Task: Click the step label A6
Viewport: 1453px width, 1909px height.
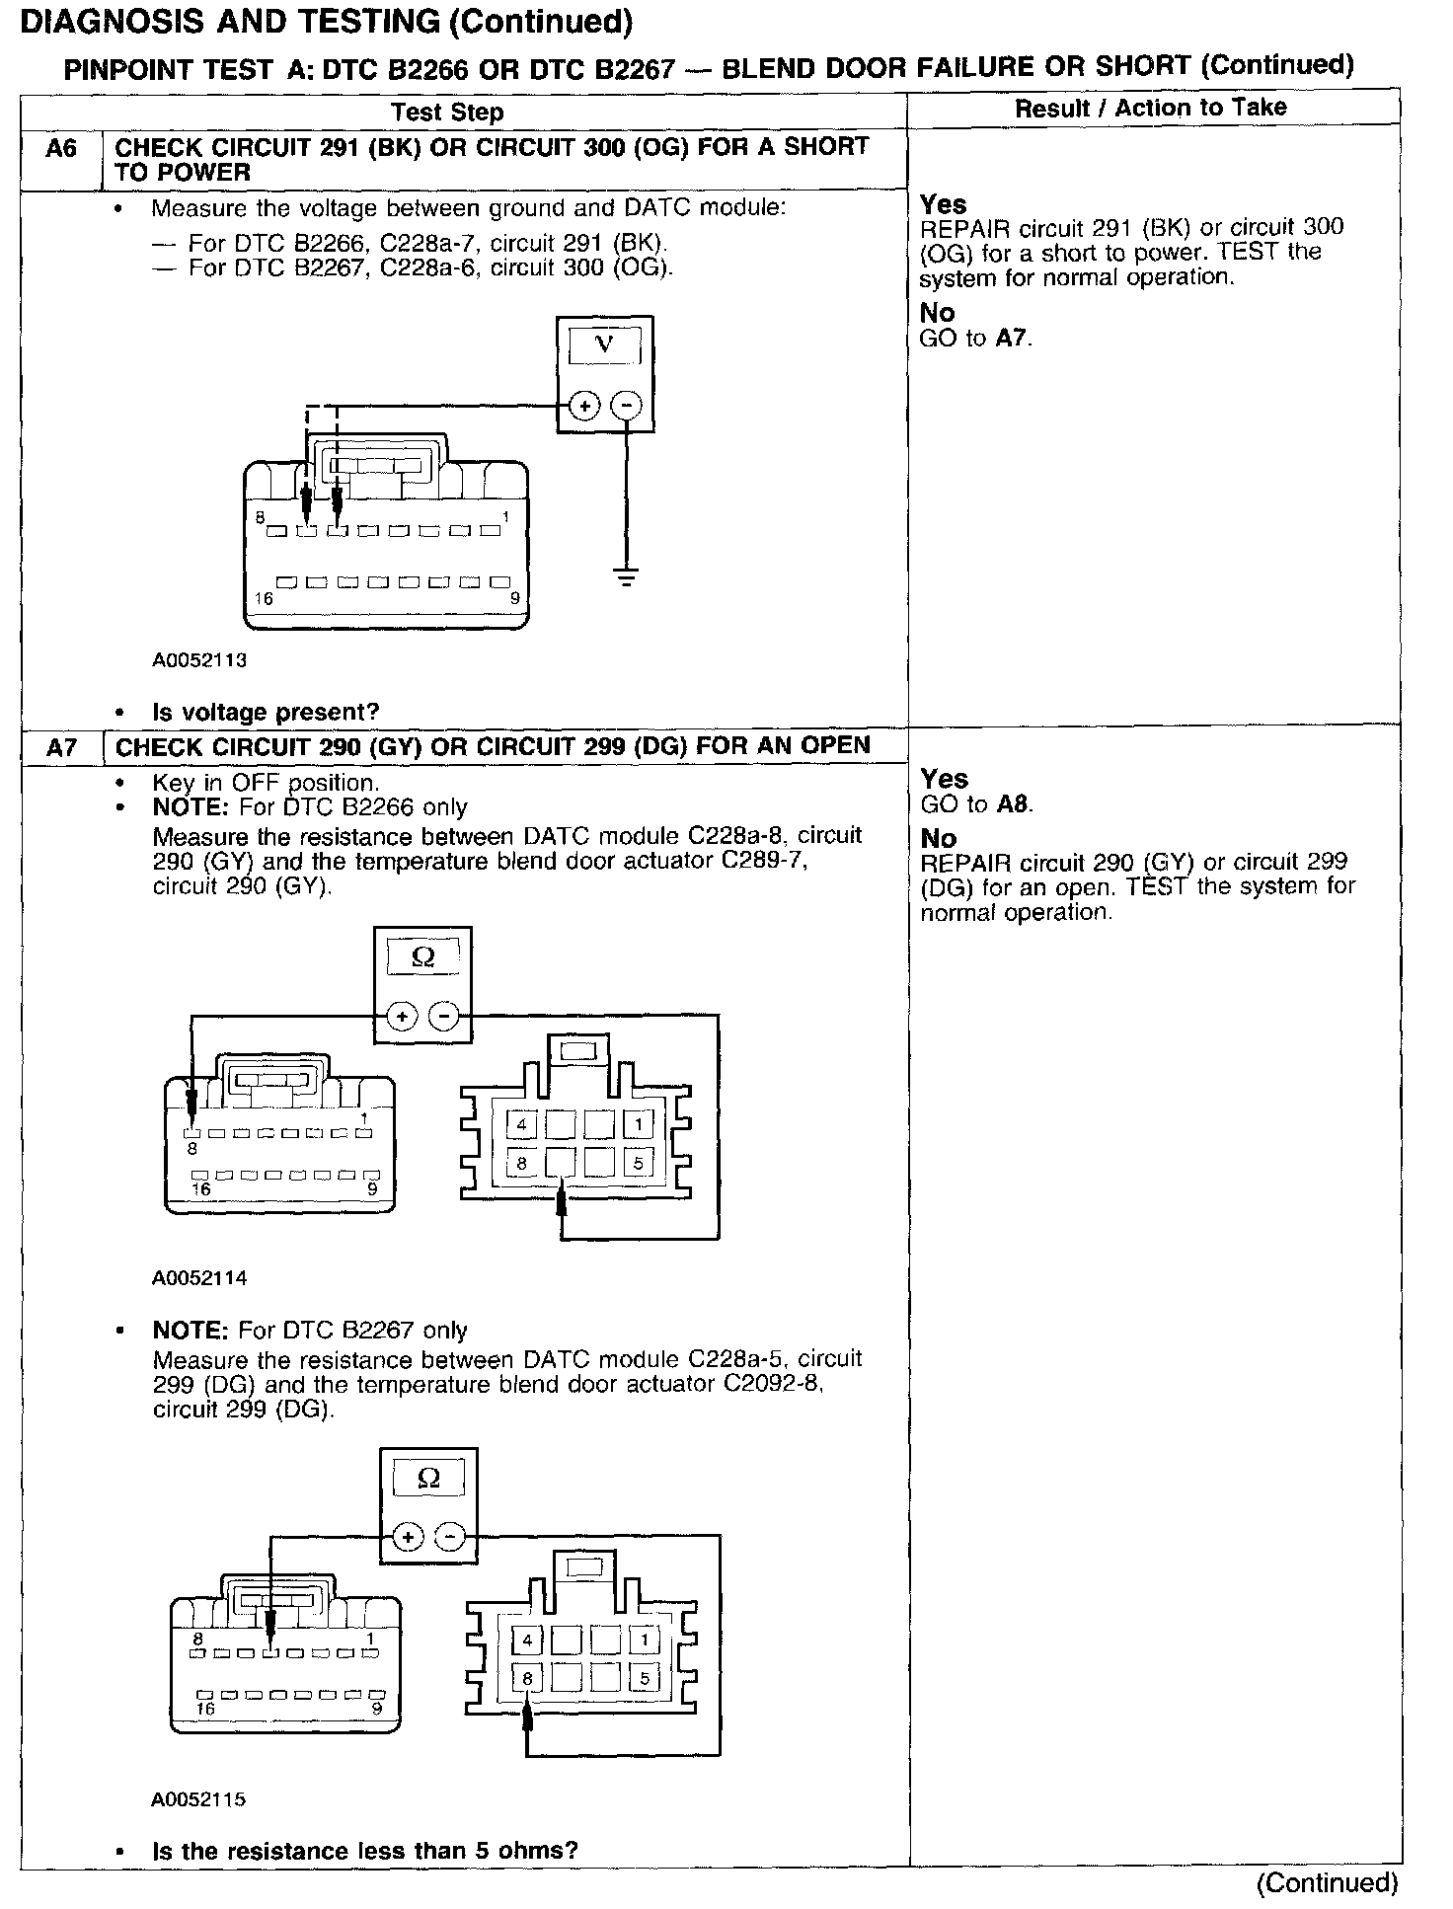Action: [60, 148]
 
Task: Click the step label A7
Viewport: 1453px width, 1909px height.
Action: [60, 748]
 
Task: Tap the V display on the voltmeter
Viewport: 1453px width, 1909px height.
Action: [604, 345]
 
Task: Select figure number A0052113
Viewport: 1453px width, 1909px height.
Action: [198, 660]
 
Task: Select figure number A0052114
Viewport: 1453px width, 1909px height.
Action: [198, 1277]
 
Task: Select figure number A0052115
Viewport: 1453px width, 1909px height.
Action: [198, 1798]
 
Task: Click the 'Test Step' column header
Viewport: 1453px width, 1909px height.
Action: [447, 112]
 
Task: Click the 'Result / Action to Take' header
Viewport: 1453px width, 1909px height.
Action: [1151, 108]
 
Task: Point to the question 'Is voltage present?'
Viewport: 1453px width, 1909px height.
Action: [266, 712]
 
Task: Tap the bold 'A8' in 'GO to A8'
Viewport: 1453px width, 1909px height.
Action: [1014, 804]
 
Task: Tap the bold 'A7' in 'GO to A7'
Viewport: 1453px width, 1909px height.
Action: [1013, 339]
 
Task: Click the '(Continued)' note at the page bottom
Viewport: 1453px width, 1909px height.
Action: [1327, 1882]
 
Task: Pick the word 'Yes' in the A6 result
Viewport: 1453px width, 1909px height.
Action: [943, 204]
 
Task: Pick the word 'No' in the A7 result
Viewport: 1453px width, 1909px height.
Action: [938, 839]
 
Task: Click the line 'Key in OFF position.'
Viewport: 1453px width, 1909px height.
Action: [265, 783]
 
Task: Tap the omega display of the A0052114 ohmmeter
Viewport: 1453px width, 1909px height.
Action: [422, 956]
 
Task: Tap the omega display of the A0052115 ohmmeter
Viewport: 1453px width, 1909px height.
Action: [428, 1478]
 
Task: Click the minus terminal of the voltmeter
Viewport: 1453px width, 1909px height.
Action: [626, 406]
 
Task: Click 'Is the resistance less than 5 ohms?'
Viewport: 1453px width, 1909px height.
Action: [364, 1850]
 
